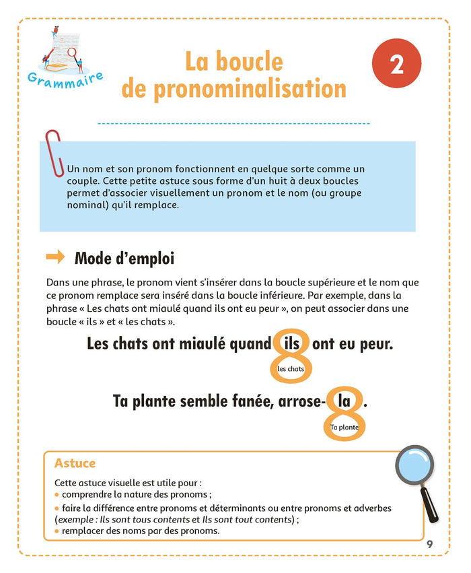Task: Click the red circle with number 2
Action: (x=396, y=65)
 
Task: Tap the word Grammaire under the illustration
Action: (x=65, y=78)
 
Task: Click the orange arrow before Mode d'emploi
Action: (x=55, y=257)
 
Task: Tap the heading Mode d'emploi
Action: (x=124, y=258)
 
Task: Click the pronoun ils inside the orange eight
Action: (x=292, y=345)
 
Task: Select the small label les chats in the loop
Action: (x=291, y=369)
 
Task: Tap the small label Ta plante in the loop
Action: (x=344, y=428)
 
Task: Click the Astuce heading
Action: (x=75, y=463)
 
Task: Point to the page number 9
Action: (x=430, y=544)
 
